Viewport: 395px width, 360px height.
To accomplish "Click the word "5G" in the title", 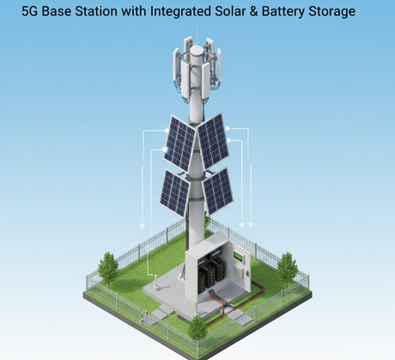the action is click(30, 11).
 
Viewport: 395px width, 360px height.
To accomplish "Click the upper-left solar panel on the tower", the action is click(179, 143).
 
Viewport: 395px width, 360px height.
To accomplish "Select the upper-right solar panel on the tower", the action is click(213, 141).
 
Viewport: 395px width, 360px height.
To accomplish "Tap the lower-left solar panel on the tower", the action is click(174, 192).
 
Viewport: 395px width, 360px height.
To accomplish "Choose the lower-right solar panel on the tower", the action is click(218, 191).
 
